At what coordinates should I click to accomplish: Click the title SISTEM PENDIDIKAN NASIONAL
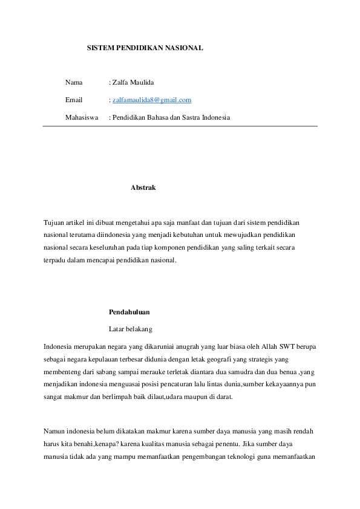click(145, 47)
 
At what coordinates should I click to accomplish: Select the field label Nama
click(74, 82)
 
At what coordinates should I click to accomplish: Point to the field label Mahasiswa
click(82, 117)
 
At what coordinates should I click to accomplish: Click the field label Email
click(74, 100)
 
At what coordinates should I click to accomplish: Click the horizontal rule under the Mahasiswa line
click(180, 126)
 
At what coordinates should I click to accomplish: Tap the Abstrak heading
click(143, 187)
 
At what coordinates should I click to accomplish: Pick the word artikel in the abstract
click(77, 222)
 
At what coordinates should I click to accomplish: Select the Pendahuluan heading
click(129, 312)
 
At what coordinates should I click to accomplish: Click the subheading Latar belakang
click(131, 329)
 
